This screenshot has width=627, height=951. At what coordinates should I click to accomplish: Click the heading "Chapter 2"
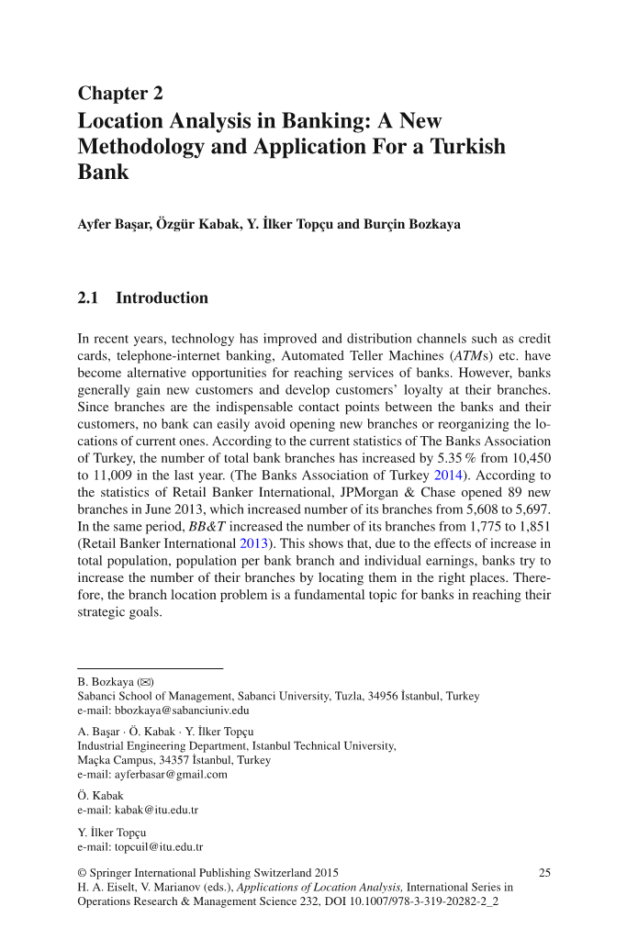pos(120,93)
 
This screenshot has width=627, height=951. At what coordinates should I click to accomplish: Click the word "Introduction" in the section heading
pos(162,298)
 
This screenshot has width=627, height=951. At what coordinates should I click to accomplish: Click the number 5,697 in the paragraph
pos(527,509)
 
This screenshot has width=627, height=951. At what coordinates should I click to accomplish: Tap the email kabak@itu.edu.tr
pos(155,811)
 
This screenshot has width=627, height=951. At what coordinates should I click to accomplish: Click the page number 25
pos(544,873)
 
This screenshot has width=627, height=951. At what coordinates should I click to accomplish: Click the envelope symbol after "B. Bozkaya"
pos(145,683)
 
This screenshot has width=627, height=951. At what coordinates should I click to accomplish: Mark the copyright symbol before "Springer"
pos(83,873)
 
